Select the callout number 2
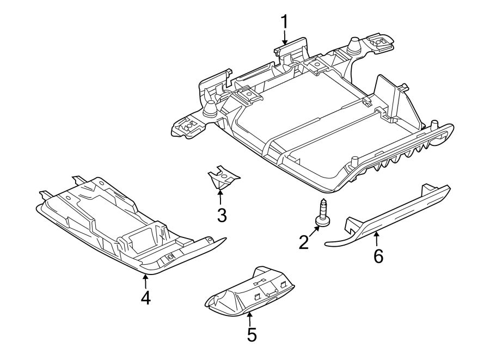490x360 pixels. pos(304,242)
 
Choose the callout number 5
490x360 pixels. pos(251,334)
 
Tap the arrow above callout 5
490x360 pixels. pos(250,318)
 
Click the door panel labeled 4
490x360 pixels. pos(125,223)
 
